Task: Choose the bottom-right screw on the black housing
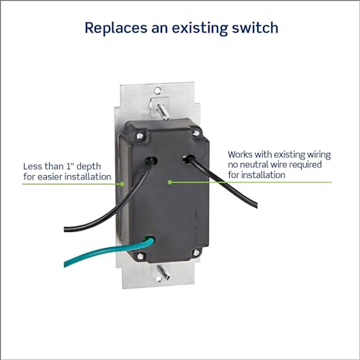(x=196, y=253)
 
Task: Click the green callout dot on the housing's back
(x=169, y=182)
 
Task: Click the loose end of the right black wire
(x=256, y=206)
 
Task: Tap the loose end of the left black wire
(x=65, y=229)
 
